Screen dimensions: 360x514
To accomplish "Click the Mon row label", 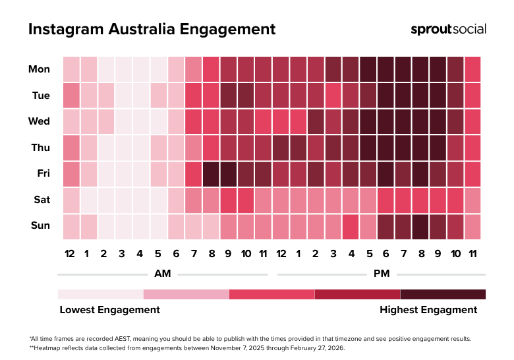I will pos(40,69).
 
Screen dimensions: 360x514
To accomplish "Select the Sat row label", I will pos(41,200).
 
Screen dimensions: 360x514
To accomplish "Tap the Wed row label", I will pos(40,121).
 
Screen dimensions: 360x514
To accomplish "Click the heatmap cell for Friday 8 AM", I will pos(211,173).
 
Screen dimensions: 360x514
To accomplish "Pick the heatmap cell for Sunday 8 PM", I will pos(420,226).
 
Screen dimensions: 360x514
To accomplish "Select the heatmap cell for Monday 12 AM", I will pos(71,69).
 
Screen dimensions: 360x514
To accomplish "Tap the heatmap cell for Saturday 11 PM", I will pos(472,200).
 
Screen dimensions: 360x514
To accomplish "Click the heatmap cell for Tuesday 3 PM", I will pos(333,96).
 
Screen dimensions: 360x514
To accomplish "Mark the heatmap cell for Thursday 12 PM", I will pos(280,148).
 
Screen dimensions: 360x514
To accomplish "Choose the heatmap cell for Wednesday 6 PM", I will pos(385,121).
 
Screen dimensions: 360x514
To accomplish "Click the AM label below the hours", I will pos(163,274).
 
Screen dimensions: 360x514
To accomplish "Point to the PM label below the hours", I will pos(382,274).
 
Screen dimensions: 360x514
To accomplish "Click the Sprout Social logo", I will pos(448,29).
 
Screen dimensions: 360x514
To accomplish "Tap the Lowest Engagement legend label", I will pos(109,310).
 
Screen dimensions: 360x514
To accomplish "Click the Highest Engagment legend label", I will pos(428,310).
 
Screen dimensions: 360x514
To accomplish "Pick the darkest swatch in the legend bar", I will pos(443,294).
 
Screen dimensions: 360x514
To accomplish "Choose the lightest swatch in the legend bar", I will pos(100,294).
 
